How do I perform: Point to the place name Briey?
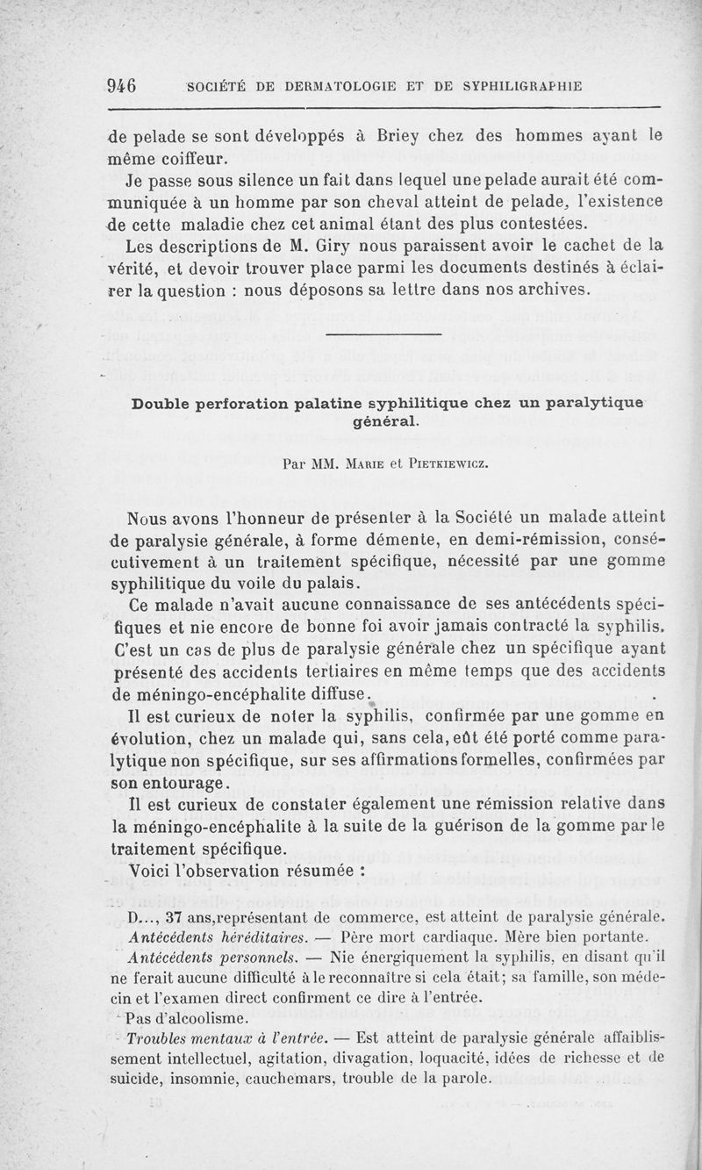[x=401, y=137]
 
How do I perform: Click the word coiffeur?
[x=182, y=159]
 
